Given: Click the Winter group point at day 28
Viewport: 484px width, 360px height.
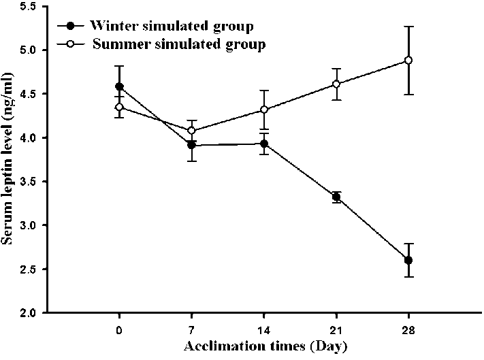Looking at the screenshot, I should tap(408, 260).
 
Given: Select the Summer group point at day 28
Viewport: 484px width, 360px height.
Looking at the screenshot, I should tap(408, 61).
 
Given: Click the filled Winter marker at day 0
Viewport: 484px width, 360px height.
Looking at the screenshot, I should tap(120, 86).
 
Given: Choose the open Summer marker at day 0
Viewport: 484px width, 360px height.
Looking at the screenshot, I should tap(120, 107).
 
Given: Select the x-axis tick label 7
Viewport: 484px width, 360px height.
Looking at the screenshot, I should tap(192, 329).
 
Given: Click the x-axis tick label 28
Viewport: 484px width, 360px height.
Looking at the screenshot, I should tap(408, 329).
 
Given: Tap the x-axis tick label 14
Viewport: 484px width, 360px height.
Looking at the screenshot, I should tap(264, 329).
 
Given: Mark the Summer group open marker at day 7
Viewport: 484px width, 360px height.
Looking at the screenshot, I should tap(192, 131).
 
